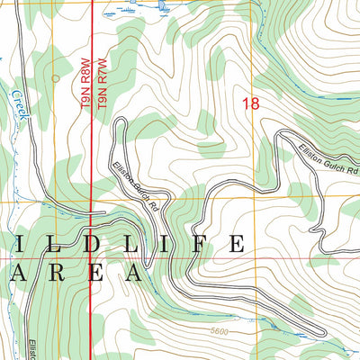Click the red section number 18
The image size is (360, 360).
(x=250, y=104)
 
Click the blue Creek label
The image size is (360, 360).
(x=17, y=106)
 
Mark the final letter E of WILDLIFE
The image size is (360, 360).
(x=236, y=244)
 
